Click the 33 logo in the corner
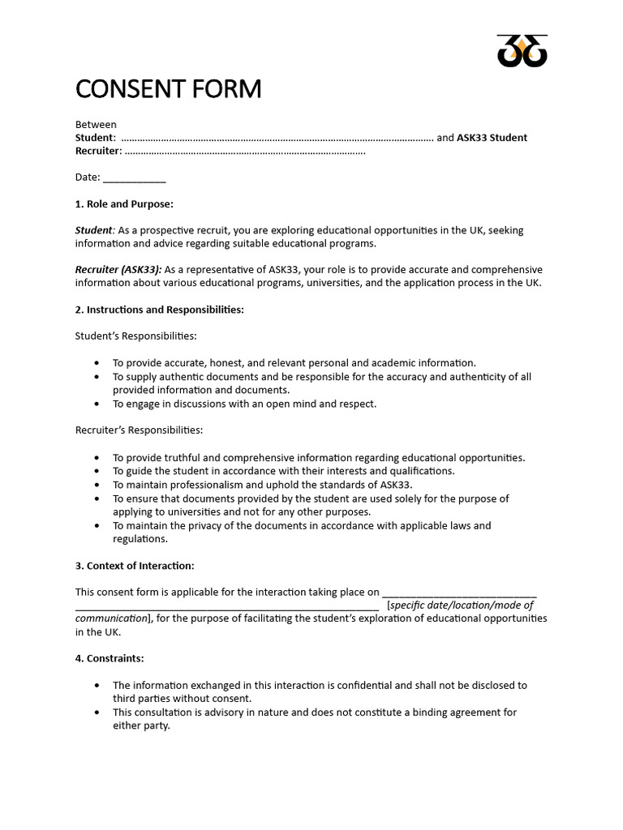click(x=522, y=51)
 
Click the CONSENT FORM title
click(x=168, y=89)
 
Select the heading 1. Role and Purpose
click(x=124, y=203)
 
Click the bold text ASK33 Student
click(x=492, y=138)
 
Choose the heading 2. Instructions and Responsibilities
click(x=159, y=310)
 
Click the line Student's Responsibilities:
click(x=135, y=336)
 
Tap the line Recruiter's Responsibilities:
click(x=139, y=430)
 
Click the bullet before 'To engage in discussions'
click(x=97, y=404)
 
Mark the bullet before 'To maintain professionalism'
click(x=97, y=485)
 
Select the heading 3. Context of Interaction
click(x=135, y=566)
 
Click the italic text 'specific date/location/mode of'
click(x=462, y=605)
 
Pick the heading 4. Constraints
click(x=110, y=658)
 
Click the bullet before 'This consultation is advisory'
click(x=97, y=712)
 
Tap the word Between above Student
click(x=96, y=125)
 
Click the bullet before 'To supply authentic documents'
click(x=97, y=377)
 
